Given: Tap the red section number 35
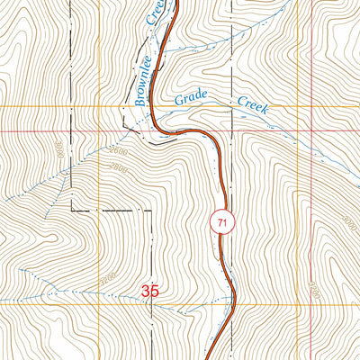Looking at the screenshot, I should tap(151, 291).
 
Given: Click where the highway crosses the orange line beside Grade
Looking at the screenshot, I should tap(149, 107).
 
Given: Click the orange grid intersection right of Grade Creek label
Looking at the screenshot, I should tap(293, 107).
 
